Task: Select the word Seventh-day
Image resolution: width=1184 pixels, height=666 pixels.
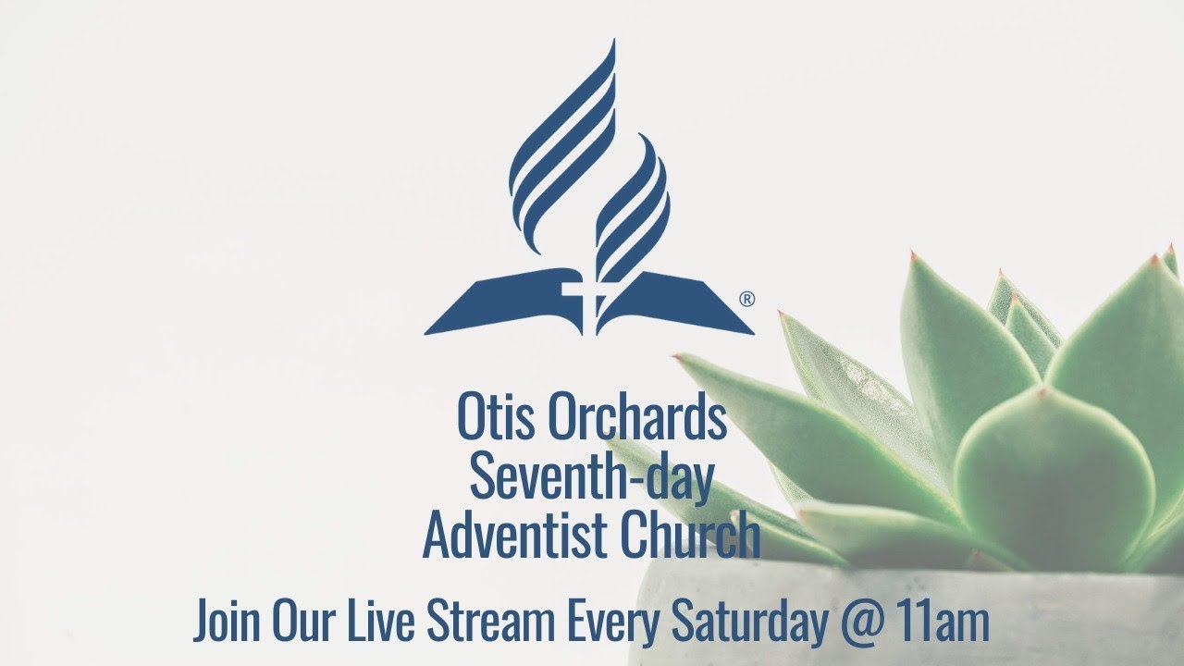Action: coord(591,478)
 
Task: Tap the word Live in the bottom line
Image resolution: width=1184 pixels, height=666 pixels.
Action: coord(374,622)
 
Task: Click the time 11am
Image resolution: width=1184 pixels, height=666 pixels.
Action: coord(944,622)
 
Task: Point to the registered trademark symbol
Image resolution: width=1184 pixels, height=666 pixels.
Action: coord(747,299)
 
